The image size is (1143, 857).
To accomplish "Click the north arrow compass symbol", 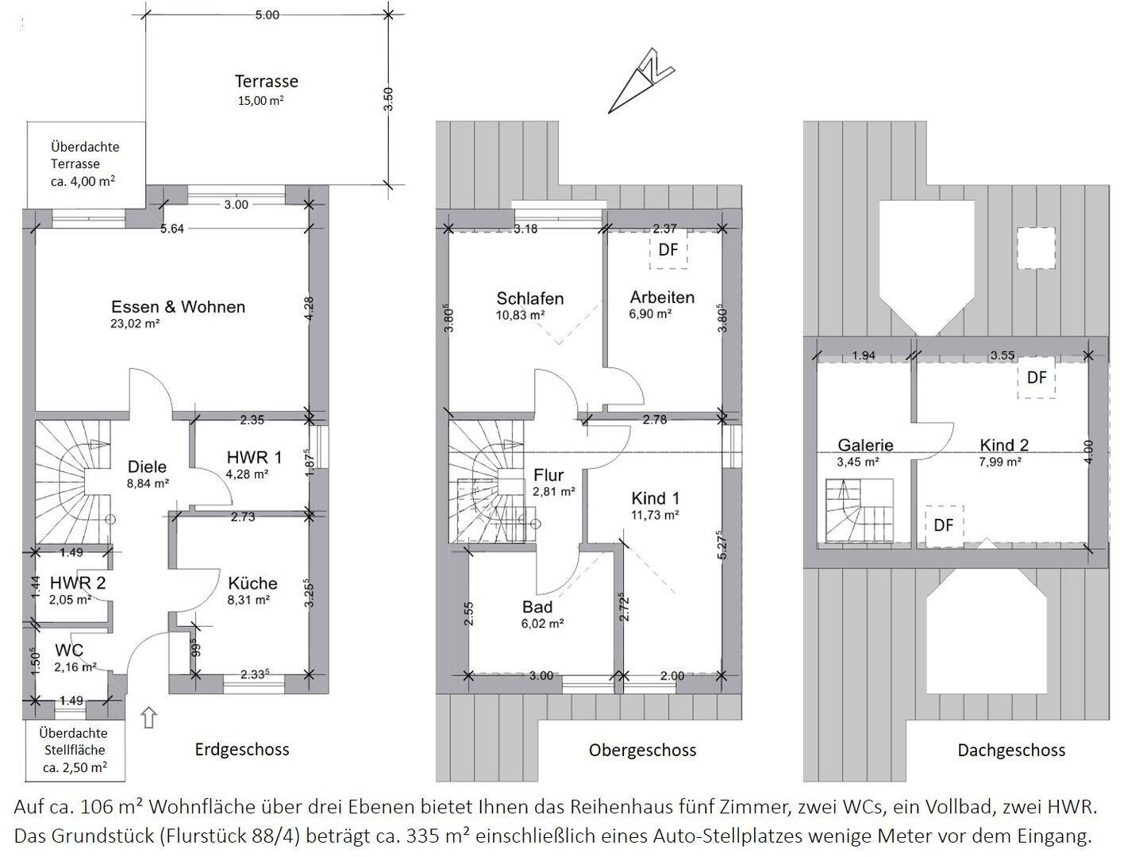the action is (641, 81).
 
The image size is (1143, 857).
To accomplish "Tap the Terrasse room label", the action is (266, 81).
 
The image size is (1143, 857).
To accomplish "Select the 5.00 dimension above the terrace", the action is (267, 15).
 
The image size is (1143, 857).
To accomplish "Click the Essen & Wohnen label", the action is (178, 306).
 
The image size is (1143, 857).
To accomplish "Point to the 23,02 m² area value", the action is (135, 324).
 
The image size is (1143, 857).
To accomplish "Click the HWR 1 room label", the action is (254, 457).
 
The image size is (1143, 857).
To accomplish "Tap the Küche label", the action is (252, 582).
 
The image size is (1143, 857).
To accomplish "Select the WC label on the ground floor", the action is (69, 650).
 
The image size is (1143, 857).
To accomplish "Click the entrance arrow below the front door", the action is (149, 717).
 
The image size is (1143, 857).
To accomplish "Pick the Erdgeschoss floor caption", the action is (241, 749).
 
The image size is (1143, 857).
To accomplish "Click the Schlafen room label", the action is (529, 298).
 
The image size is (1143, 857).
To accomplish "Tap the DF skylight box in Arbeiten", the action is (668, 250).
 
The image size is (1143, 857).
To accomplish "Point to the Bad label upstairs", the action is (537, 607).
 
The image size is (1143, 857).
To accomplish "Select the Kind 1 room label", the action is (655, 498).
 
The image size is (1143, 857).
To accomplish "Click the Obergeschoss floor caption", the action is (642, 750).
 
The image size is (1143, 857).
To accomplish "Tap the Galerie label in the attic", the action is (865, 445).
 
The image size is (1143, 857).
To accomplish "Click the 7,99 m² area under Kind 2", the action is (1000, 462).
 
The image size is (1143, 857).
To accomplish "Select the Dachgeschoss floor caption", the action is (1011, 750).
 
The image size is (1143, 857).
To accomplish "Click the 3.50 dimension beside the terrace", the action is (388, 99).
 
